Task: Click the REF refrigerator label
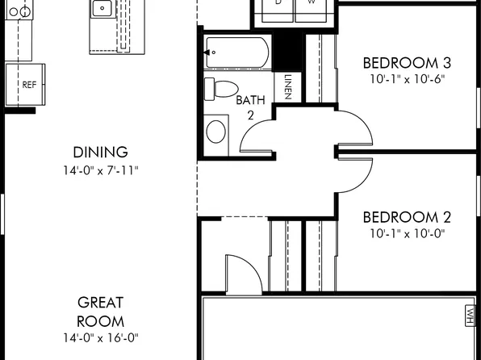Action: [x=29, y=84]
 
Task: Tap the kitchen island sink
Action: [x=102, y=10]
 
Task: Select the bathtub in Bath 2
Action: [x=238, y=53]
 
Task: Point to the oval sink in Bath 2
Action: [x=216, y=130]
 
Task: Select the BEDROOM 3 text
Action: [x=406, y=63]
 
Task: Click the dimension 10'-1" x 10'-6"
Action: [x=406, y=79]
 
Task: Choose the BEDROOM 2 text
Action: [x=406, y=216]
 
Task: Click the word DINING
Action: [x=100, y=152]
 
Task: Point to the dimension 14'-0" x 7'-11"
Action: [x=100, y=170]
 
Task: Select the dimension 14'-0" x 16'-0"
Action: [x=100, y=338]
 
